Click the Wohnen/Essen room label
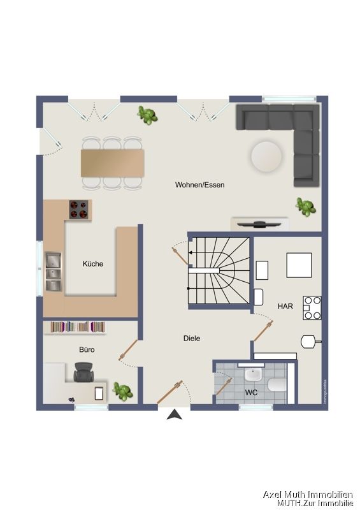tap(199, 185)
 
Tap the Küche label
tap(92, 263)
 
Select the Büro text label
tap(87, 350)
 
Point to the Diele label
tap(191, 339)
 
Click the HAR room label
tap(285, 306)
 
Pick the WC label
tap(251, 393)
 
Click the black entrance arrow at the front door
tap(175, 415)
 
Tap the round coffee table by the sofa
tap(267, 156)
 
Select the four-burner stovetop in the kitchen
tap(78, 210)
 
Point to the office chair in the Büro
tap(83, 372)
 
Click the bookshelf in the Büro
tap(78, 326)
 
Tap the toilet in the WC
tap(277, 384)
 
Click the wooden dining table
tap(112, 163)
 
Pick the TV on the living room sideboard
tap(260, 224)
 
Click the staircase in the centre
tap(219, 271)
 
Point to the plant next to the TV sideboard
tap(305, 206)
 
